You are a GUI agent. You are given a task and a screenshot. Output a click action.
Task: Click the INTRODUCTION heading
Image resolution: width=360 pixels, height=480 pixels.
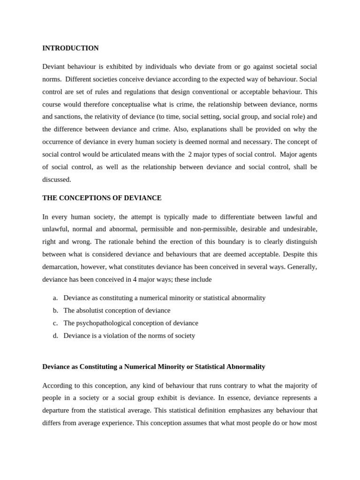[70, 48]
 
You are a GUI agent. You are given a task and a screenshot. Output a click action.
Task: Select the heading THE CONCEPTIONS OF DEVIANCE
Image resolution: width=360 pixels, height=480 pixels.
[102, 198]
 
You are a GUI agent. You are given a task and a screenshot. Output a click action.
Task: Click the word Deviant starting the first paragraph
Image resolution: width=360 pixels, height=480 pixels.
[54, 67]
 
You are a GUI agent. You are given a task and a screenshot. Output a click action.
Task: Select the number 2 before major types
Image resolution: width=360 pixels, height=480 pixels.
[190, 154]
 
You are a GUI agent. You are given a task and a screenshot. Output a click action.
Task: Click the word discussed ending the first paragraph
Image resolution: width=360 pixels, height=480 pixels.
[56, 179]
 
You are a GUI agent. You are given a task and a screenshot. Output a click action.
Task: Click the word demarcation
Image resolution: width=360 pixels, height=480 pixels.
[61, 267]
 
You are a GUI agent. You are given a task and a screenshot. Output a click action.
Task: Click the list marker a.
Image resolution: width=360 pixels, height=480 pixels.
[55, 298]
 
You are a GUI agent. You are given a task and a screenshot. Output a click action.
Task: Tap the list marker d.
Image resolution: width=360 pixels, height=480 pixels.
[55, 336]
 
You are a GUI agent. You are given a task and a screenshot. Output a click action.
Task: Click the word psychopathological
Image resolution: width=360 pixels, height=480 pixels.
[106, 323]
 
